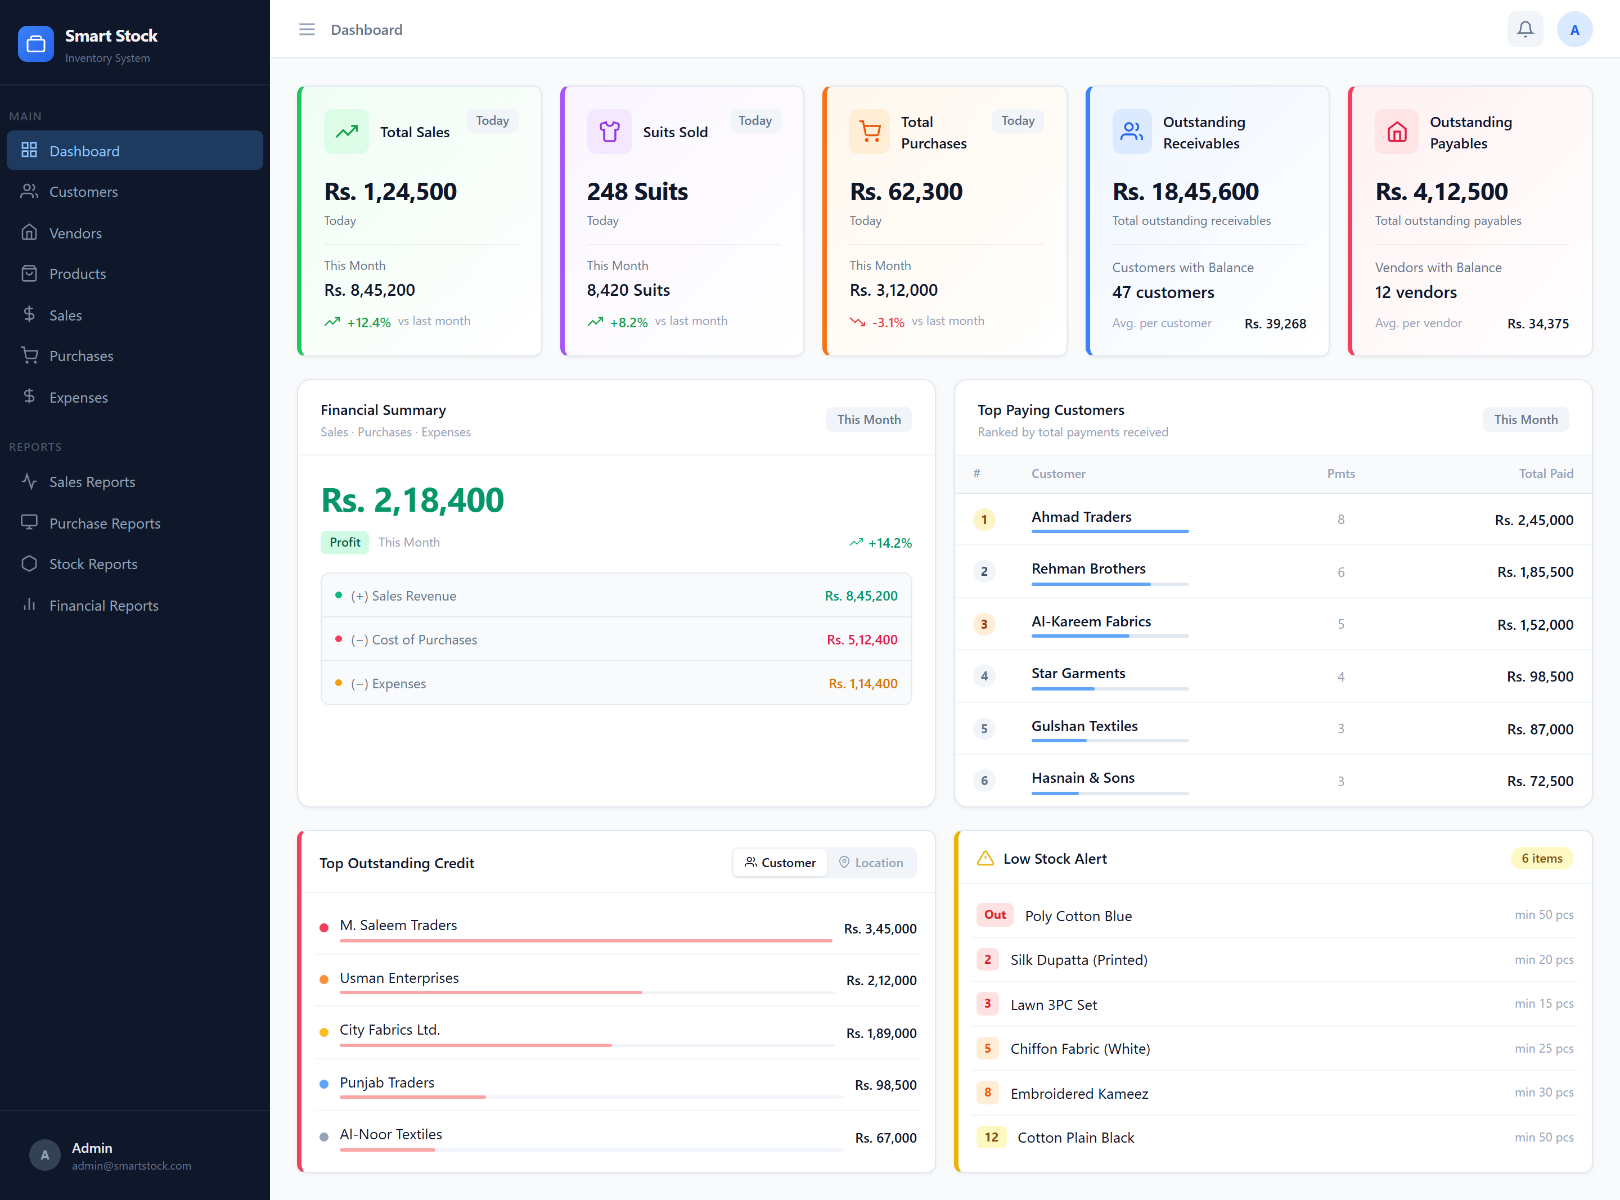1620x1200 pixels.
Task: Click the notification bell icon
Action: pyautogui.click(x=1525, y=30)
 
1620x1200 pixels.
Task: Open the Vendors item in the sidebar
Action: pyautogui.click(x=75, y=233)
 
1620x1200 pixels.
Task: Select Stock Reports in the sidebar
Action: pyautogui.click(x=93, y=565)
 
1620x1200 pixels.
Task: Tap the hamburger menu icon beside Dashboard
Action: pyautogui.click(x=307, y=30)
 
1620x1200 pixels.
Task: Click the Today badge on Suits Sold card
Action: pyautogui.click(x=755, y=120)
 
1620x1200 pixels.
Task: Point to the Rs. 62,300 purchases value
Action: pyautogui.click(x=906, y=192)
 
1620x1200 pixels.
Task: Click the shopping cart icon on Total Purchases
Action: pyautogui.click(x=870, y=132)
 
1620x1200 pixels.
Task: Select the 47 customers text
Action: pyautogui.click(x=1163, y=292)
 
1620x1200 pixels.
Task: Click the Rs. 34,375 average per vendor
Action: pyautogui.click(x=1537, y=323)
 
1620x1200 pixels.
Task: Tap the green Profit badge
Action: pyautogui.click(x=344, y=542)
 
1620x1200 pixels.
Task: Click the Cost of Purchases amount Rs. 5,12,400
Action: pyautogui.click(x=862, y=640)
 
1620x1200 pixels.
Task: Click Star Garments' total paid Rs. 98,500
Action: pyautogui.click(x=1540, y=676)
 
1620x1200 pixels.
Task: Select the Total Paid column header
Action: pyautogui.click(x=1545, y=473)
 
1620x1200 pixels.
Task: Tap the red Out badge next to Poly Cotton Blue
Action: pyautogui.click(x=994, y=914)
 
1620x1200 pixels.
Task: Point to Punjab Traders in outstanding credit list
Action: pyautogui.click(x=386, y=1082)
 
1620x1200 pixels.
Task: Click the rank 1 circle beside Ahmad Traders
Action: pyautogui.click(x=984, y=520)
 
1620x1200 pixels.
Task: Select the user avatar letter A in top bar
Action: pyautogui.click(x=1574, y=30)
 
